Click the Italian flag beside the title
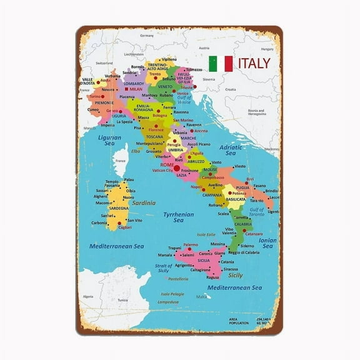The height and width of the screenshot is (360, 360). coord(220,63)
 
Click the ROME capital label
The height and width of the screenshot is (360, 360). coord(167,164)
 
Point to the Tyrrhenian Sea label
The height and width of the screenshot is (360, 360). coord(178,217)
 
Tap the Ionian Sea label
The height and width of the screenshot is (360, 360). coord(267,243)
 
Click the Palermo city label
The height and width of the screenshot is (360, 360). coord(190,245)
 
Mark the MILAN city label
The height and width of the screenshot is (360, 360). coord(136,89)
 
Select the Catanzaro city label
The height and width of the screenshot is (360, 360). coord(254,234)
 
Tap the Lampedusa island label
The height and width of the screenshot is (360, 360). coord(168,302)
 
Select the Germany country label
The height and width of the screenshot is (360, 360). coord(146,36)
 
